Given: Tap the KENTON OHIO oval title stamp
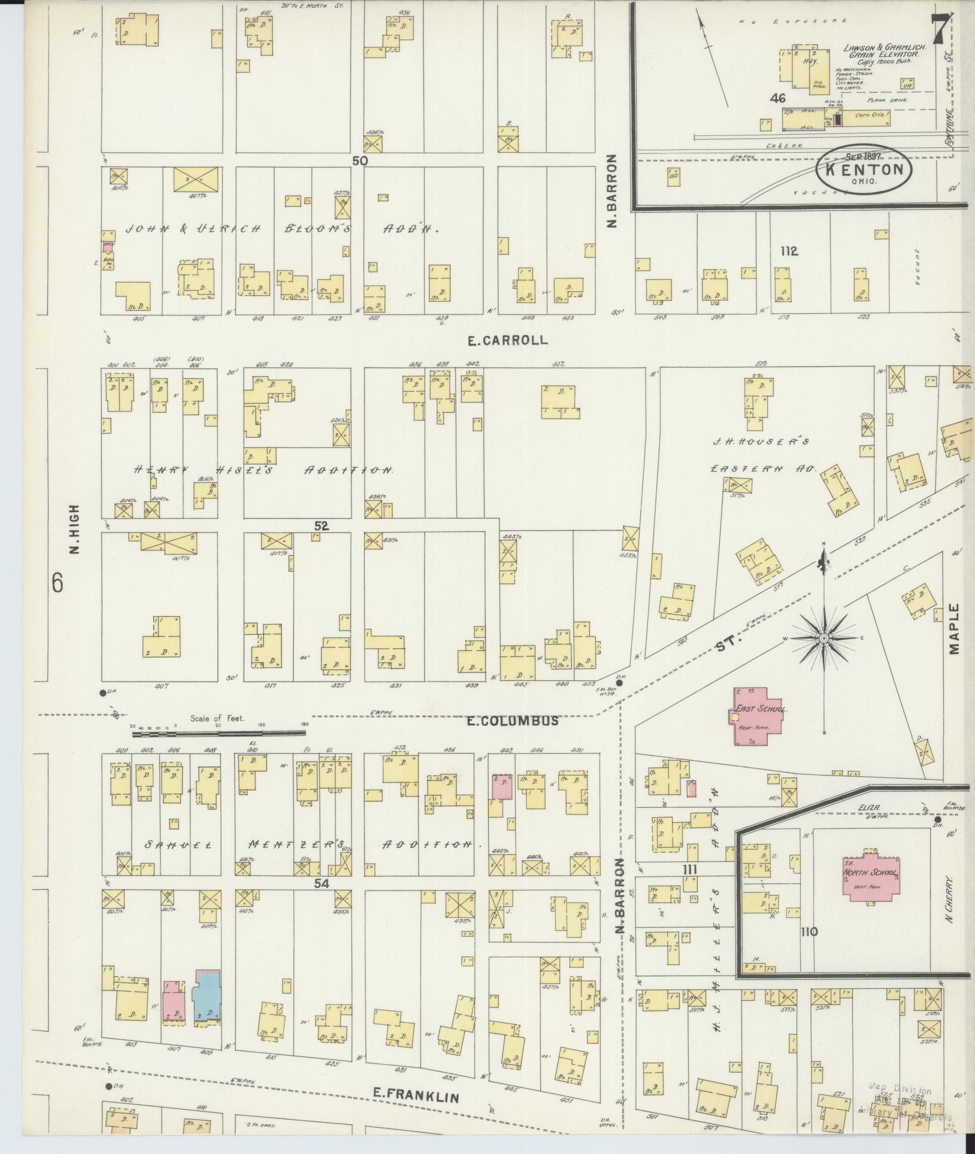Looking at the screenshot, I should pos(864,169).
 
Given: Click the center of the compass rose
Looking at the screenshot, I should pos(824,639).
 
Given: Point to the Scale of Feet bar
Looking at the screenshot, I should pos(219,731).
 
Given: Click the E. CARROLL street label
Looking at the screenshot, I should pos(508,340).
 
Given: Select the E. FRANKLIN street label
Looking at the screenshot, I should pos(416,1096).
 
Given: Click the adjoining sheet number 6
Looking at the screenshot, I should pos(57,583).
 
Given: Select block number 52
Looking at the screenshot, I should pos(322,525).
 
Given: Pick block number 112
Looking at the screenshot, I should pos(789,252).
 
